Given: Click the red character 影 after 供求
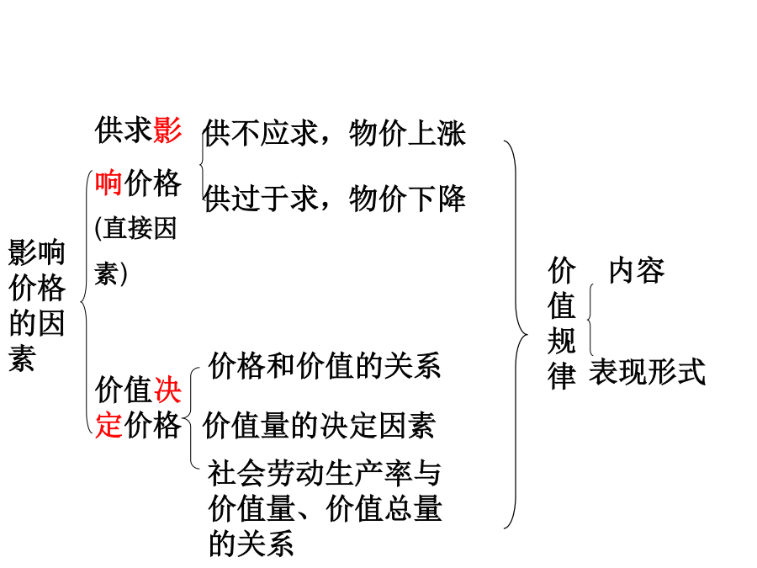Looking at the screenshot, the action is (x=167, y=130).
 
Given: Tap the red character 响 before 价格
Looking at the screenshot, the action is (x=109, y=183).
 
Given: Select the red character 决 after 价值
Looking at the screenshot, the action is (x=167, y=390).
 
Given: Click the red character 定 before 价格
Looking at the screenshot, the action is (x=109, y=425).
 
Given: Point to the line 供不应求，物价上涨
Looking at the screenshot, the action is (x=334, y=133).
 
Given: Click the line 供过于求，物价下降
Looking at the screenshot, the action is (x=334, y=199).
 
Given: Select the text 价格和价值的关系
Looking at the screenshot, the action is (x=325, y=366).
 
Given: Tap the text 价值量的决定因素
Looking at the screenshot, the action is (x=319, y=426).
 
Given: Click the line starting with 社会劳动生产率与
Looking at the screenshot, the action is (x=325, y=473).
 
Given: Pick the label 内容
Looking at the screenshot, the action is (x=637, y=270).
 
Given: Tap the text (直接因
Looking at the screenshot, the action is (x=135, y=228).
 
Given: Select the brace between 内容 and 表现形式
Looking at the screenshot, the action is (x=589, y=319).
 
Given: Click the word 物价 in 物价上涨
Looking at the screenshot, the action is (x=378, y=133).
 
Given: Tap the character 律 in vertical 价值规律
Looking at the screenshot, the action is (x=562, y=376).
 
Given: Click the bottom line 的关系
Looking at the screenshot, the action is (x=251, y=544).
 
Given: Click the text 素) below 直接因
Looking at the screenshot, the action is (x=111, y=273).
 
